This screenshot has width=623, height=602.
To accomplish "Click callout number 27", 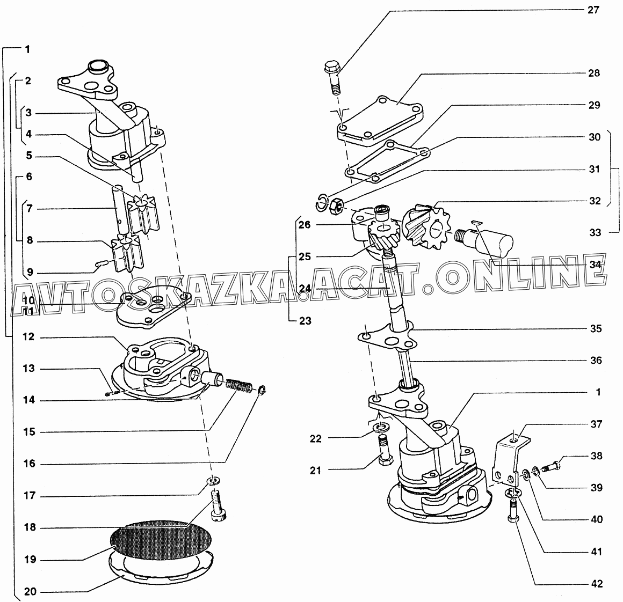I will (x=594, y=9).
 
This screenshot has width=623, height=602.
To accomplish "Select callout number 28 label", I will (x=594, y=73).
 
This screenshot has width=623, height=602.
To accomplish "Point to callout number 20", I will (x=30, y=592).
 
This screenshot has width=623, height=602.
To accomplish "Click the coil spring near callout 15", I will (x=234, y=385).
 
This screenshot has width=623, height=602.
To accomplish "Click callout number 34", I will (x=594, y=264).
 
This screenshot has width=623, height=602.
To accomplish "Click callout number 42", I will (x=597, y=584).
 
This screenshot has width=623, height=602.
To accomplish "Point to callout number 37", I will (x=597, y=424).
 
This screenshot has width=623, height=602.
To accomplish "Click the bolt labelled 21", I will (x=385, y=452).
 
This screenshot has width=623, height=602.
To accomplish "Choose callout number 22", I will (x=316, y=438).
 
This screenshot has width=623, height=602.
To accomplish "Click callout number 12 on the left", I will (x=28, y=337).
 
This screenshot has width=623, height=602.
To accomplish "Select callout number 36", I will (x=596, y=360).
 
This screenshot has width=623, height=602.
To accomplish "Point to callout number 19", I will (x=30, y=560).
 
